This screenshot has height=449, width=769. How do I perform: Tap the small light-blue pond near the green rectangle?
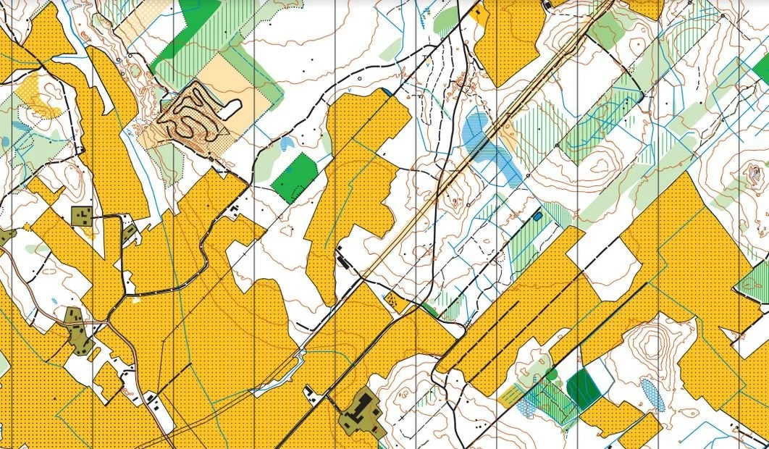287,143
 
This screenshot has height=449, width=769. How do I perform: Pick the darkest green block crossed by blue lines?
583,389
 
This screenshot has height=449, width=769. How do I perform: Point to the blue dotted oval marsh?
652,395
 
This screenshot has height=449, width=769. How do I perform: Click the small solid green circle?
552,374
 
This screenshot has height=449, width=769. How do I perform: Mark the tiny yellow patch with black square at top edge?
479,12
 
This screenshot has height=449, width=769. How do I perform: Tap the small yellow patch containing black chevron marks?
395,300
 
